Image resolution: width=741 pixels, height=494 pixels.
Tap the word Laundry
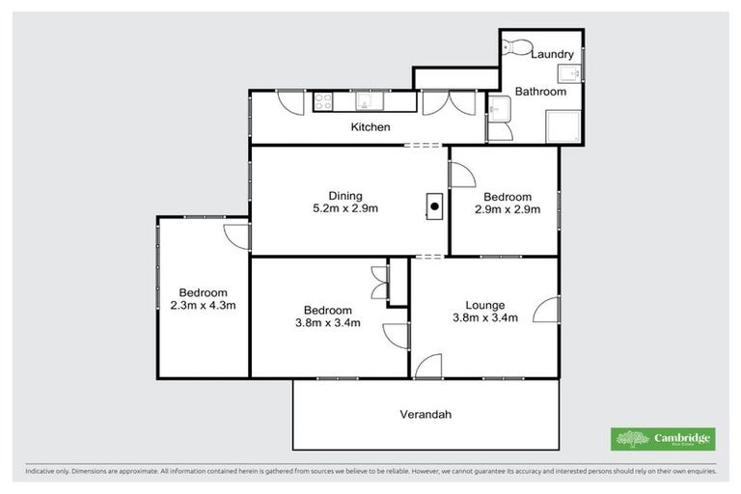(556, 56)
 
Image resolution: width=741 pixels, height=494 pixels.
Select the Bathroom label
(539, 92)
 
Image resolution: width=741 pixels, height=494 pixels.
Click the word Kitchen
(370, 127)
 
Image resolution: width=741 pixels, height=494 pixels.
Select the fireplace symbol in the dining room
(434, 206)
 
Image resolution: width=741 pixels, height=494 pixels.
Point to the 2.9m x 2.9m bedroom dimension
(507, 208)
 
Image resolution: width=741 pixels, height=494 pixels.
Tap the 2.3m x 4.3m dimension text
(203, 306)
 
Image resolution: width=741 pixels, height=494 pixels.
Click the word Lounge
(484, 305)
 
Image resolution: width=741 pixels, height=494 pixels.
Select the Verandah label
(425, 415)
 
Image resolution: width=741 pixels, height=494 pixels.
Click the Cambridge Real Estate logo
(664, 439)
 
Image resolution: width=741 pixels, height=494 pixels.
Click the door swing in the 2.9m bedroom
(462, 174)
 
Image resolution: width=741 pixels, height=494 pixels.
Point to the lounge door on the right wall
(547, 309)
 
